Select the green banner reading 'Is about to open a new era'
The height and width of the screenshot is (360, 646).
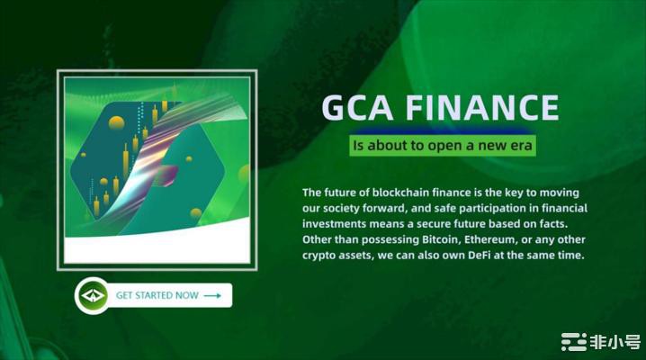441,146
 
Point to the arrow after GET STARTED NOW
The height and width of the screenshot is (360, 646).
212,295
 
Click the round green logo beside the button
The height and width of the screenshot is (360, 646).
93,295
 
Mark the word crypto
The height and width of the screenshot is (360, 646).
320,256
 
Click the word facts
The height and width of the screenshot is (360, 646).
573,224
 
